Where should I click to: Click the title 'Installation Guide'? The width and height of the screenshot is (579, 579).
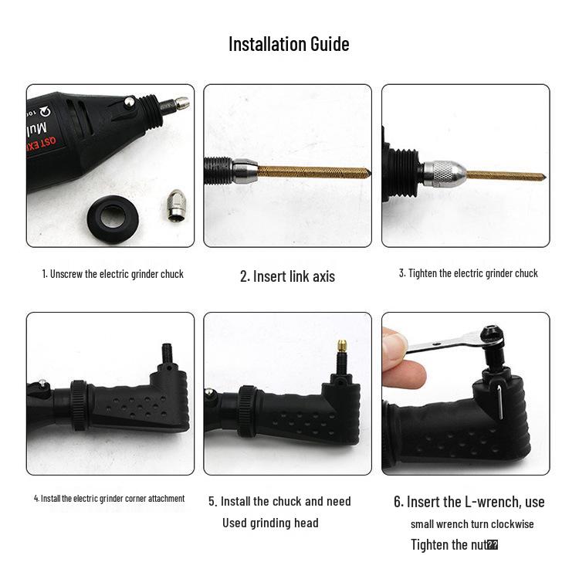point(289,44)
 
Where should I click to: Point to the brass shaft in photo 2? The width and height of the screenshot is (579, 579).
point(309,170)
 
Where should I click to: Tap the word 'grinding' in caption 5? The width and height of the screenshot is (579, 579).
point(270,523)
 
